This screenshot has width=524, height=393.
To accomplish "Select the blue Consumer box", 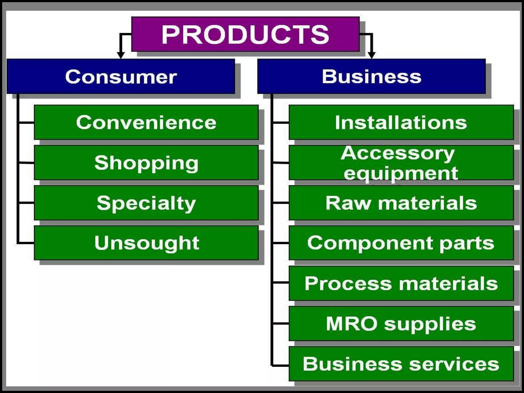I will [121, 76].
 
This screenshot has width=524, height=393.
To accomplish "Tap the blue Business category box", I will [371, 76].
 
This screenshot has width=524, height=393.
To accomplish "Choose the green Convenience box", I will [146, 122].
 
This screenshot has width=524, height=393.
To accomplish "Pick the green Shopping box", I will [146, 163].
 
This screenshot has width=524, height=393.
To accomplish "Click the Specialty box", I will [146, 203].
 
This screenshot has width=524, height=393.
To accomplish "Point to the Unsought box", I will [146, 243].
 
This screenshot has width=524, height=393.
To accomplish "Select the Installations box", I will [401, 122].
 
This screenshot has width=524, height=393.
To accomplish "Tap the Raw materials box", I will [401, 203].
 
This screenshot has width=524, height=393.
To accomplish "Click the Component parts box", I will [401, 243].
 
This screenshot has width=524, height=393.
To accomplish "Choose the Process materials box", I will [401, 283].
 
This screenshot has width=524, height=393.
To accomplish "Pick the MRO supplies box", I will [401, 324].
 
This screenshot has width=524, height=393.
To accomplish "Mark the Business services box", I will [401, 364].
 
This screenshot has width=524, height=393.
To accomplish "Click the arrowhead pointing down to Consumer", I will [121, 55].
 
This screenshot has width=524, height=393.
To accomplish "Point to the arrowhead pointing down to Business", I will [372, 55].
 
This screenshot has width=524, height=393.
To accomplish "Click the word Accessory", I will [398, 154].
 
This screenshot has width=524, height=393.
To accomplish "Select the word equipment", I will [401, 173].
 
